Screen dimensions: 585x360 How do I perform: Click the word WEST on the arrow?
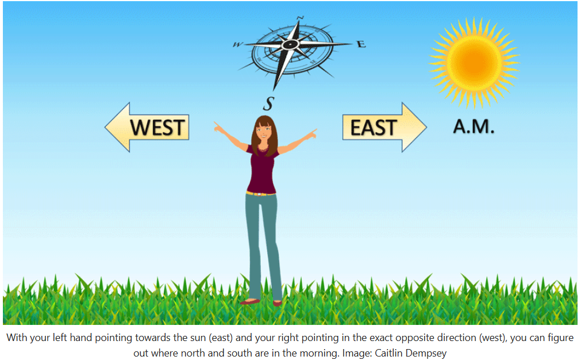point(157,127)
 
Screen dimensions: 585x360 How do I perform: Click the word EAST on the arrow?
point(374,128)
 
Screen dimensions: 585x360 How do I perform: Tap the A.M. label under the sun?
point(474,127)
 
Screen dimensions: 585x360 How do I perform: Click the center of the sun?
point(474,63)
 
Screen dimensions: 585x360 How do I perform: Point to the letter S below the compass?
point(268,104)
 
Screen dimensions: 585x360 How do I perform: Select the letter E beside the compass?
point(361,44)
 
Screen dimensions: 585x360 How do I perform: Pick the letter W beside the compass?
point(237,45)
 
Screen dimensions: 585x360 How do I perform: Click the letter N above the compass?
point(301,18)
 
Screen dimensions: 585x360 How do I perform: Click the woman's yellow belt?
point(260,194)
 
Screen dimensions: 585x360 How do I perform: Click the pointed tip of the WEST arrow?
point(105,127)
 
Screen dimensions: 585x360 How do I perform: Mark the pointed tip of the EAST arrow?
point(426,127)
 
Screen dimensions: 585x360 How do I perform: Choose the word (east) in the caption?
point(221,338)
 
